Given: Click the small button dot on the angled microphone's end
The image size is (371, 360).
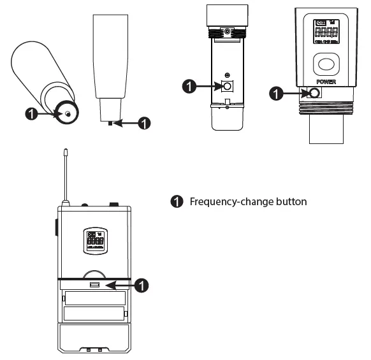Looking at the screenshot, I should coord(67,113).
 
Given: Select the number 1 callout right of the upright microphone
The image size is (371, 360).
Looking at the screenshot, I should coord(145,123).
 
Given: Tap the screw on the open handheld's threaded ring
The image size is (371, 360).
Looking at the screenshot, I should coord(227,31).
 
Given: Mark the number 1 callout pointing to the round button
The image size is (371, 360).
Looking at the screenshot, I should coord(275,94).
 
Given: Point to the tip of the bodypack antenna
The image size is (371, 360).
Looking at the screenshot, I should coord(66,152).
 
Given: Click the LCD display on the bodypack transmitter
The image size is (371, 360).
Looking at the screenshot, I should coord(94,239).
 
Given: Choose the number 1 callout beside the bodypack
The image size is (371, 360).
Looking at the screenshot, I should coord(143,285).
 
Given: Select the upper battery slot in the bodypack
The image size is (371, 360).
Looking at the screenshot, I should coord(94,298).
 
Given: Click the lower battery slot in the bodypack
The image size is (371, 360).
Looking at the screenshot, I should coord(94,314).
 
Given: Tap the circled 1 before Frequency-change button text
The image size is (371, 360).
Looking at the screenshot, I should coord(177,202).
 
